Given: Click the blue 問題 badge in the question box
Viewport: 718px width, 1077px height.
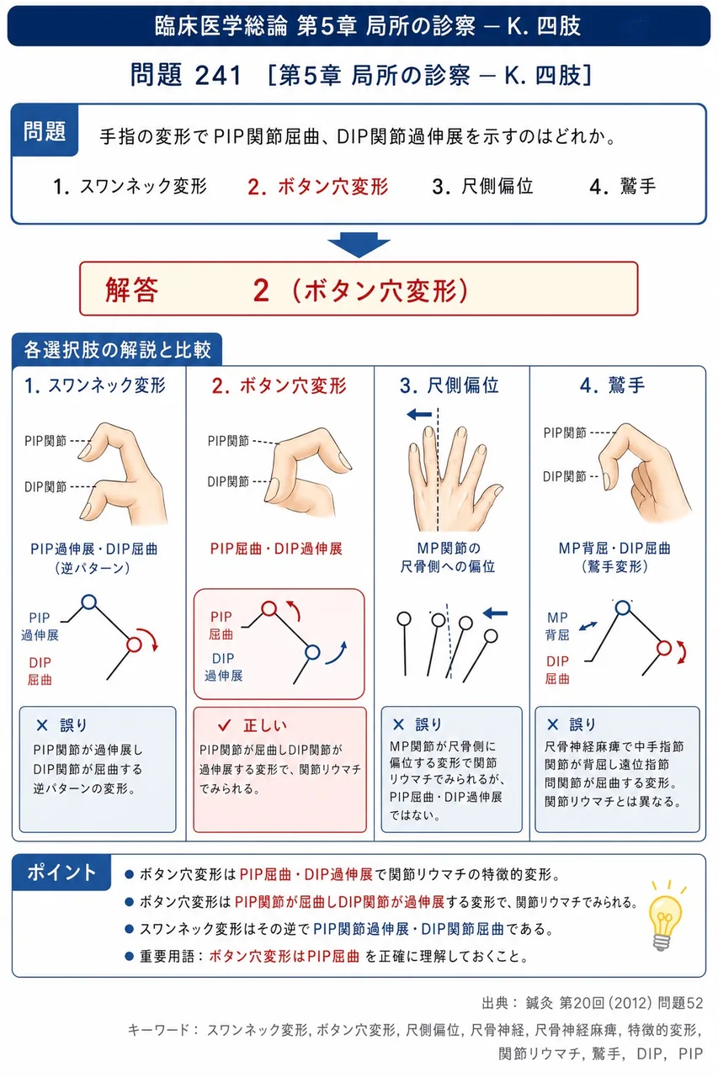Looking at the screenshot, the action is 45,130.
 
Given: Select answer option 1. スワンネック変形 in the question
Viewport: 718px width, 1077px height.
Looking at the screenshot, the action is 130,187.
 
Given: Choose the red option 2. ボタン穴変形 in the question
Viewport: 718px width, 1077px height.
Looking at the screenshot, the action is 318,187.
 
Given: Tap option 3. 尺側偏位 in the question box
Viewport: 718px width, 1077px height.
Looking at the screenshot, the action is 483,187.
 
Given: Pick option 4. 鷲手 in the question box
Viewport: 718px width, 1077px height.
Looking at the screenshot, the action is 623,187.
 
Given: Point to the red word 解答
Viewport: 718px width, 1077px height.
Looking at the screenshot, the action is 132,290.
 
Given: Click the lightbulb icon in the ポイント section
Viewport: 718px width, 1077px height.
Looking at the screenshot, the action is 666,915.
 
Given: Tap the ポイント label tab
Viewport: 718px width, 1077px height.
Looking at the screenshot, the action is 61,873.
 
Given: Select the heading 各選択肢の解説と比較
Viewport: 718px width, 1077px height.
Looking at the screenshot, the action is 117,350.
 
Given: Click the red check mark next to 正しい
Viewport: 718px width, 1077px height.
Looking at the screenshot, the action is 225,724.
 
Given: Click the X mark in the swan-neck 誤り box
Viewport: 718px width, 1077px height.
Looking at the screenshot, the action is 42,725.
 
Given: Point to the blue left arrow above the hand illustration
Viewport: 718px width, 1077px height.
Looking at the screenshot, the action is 419,414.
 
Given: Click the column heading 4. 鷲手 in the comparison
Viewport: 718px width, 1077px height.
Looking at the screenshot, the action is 612,385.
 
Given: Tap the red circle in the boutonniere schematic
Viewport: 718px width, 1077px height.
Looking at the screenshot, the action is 269,608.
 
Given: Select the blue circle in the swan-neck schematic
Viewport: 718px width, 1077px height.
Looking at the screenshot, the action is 89,602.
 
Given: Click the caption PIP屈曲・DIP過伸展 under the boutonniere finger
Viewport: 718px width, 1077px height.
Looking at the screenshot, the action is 276,549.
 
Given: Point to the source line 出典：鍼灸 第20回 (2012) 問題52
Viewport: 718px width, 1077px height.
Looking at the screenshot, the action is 593,1003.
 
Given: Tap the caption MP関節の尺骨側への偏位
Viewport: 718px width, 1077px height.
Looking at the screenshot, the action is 448,557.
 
